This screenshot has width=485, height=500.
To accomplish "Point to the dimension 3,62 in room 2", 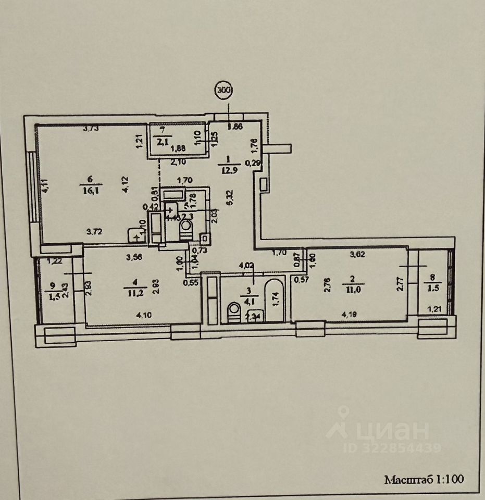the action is [356, 255].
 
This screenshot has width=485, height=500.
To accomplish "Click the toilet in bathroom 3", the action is [233, 314].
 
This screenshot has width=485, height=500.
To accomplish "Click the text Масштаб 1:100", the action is [424, 479].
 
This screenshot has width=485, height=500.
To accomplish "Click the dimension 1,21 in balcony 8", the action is [434, 310].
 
